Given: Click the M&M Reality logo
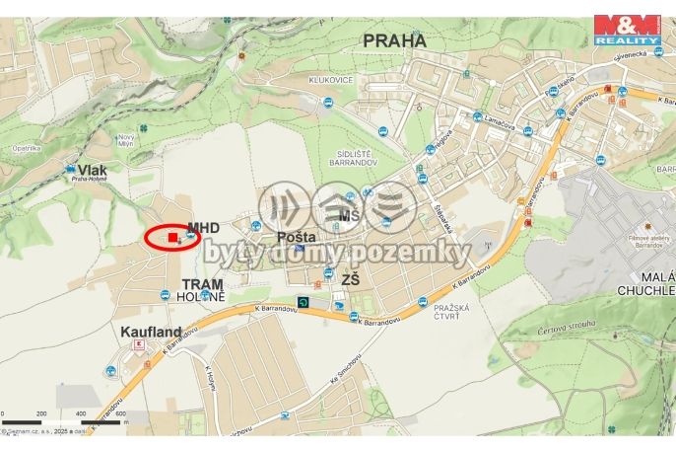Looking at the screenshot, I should pyautogui.click(x=627, y=29).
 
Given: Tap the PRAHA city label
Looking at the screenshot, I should pyautogui.click(x=394, y=40).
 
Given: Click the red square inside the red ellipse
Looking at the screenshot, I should pyautogui.click(x=172, y=237).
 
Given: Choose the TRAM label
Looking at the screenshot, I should pyautogui.click(x=202, y=284).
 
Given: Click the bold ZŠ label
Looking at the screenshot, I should pyautogui.click(x=349, y=281).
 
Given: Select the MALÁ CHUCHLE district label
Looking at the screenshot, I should pyautogui.click(x=645, y=284).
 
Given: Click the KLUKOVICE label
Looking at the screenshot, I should pyautogui.click(x=330, y=80).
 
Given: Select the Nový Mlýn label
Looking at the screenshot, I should pyautogui.click(x=126, y=140).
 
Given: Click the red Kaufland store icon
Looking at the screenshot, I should pyautogui.click(x=139, y=344).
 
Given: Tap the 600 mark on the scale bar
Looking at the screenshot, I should pyautogui.click(x=120, y=413).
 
